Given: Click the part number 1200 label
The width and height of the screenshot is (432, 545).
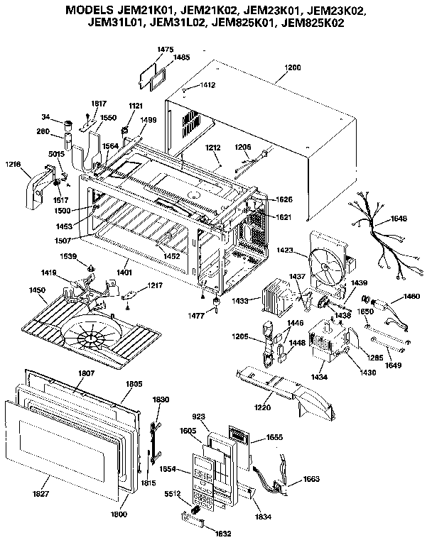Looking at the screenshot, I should tap(292, 68).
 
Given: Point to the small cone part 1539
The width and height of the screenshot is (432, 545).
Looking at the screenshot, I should tap(92, 268).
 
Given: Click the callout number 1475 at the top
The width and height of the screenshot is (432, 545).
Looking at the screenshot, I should tap(165, 49).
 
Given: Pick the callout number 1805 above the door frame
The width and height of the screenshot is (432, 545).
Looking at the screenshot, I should tap(134, 384).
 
